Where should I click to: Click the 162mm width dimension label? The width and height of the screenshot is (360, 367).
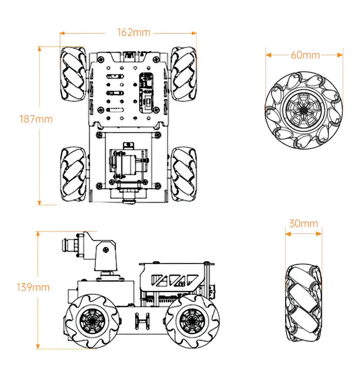point(134,33)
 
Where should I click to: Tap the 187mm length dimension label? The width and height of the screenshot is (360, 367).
point(36,119)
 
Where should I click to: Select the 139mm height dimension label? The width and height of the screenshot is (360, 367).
point(33,287)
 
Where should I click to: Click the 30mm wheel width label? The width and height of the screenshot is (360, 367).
point(303,224)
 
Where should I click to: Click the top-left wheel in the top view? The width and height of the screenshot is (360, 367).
point(72,73)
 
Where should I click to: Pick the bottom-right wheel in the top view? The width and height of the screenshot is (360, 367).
point(183,173)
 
